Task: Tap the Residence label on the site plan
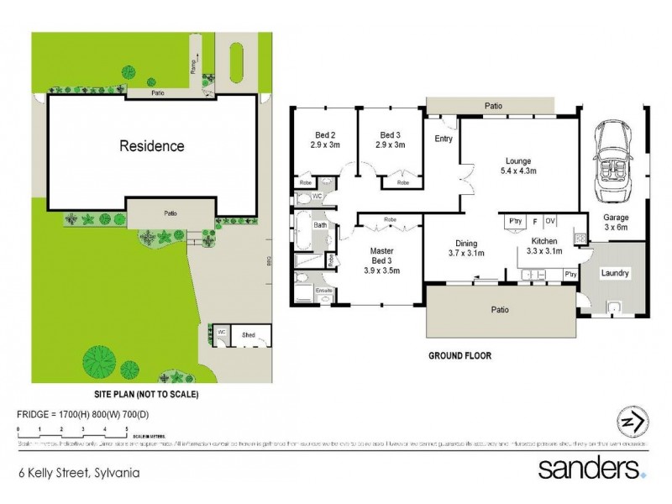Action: tap(151, 146)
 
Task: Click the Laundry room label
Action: tap(615, 274)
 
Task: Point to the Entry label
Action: tap(443, 139)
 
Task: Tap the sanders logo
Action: tap(592, 467)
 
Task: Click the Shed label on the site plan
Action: tap(248, 333)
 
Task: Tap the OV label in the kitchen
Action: tap(550, 221)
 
